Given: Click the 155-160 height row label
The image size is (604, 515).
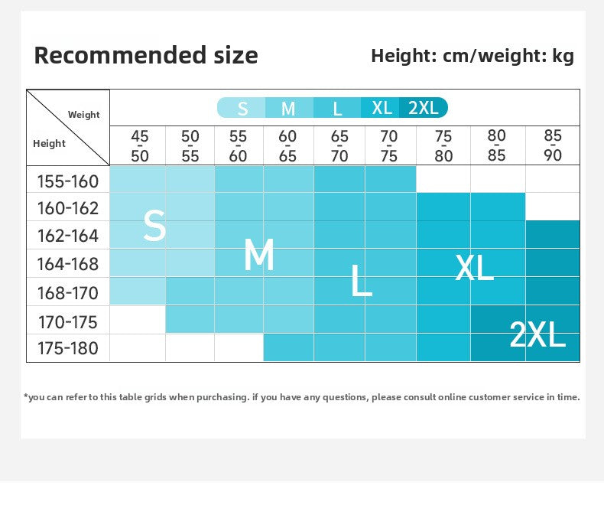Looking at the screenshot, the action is click(68, 181).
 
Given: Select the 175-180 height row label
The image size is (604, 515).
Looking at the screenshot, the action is click(68, 348).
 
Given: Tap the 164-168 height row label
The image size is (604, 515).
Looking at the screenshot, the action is click(68, 264).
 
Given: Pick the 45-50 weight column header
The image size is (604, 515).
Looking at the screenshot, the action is click(139, 146).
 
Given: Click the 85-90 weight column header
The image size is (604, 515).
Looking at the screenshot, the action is click(553, 145).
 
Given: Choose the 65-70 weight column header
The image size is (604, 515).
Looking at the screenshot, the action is click(339, 146).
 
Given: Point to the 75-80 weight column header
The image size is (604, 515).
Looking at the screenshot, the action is click(443, 146).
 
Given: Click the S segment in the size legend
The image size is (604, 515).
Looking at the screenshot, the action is click(242, 108).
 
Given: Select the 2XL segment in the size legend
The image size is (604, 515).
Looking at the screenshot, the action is click(424, 108).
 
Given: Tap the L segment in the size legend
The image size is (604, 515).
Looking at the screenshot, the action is click(337, 108).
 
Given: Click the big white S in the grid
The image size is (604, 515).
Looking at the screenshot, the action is click(154, 225).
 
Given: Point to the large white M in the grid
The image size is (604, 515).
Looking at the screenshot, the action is click(259, 254).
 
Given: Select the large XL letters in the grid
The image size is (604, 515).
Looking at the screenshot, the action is click(474, 268).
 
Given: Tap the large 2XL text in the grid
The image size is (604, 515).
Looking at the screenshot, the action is click(537, 334).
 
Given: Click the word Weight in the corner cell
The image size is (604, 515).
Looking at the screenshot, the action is click(83, 115).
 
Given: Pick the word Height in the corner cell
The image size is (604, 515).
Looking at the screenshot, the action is click(49, 143).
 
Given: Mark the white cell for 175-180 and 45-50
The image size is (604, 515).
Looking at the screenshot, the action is click(138, 347).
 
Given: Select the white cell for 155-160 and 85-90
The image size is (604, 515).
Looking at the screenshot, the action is click(553, 179).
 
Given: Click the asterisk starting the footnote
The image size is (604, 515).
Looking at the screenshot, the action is click(26, 396).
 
